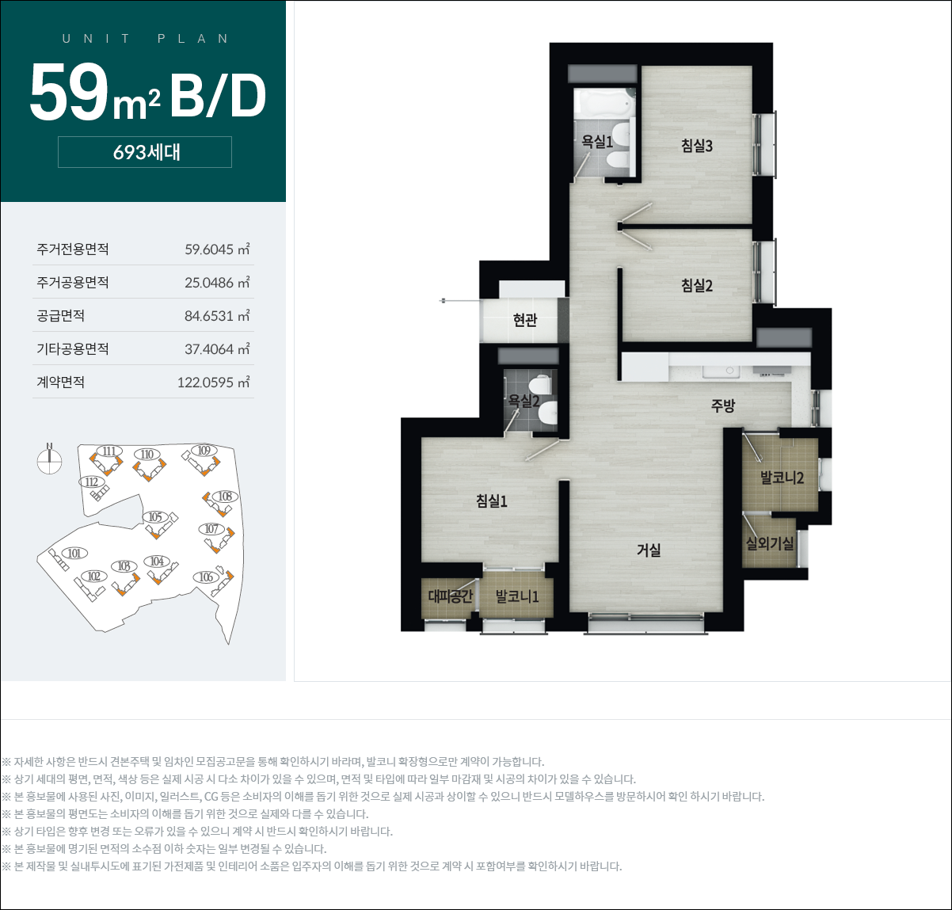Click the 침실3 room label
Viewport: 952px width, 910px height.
pyautogui.click(x=697, y=145)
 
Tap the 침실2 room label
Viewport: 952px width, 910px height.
pyautogui.click(x=697, y=285)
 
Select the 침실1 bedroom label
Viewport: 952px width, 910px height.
pyautogui.click(x=491, y=501)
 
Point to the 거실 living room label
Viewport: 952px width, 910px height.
pyautogui.click(x=649, y=550)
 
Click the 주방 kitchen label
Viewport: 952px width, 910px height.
pyautogui.click(x=723, y=405)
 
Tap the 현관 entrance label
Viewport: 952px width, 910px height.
pyautogui.click(x=525, y=320)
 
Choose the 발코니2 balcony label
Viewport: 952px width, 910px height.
pyautogui.click(x=782, y=477)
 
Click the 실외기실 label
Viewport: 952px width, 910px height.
pyautogui.click(x=770, y=543)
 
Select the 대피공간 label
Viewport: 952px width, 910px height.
pyautogui.click(x=450, y=596)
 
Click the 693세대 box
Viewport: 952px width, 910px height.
pyautogui.click(x=145, y=152)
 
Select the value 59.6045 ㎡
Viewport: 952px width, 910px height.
pyautogui.click(x=217, y=249)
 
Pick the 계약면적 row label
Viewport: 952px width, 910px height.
pyautogui.click(x=61, y=382)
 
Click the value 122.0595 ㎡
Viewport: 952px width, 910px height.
pyautogui.click(x=213, y=382)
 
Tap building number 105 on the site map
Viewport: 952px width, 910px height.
pyautogui.click(x=155, y=516)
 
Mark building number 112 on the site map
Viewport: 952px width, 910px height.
pyautogui.click(x=92, y=482)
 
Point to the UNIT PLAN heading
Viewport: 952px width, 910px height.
pyautogui.click(x=145, y=39)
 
